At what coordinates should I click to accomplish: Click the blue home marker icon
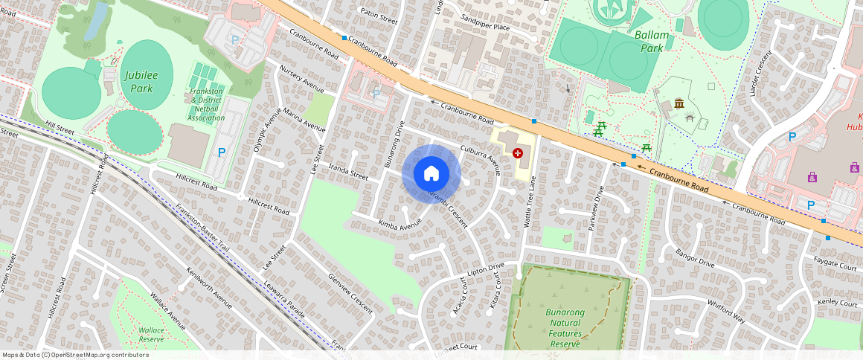[x=431, y=174]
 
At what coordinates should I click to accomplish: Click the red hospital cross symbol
[x=518, y=152]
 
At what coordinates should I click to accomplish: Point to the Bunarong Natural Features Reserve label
[x=565, y=328]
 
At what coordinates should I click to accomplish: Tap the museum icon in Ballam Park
[x=678, y=103]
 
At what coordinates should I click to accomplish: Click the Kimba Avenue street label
[x=400, y=222]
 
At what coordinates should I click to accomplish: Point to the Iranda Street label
[x=348, y=172]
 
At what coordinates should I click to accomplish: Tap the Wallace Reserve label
[x=151, y=334]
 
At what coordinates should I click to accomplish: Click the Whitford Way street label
[x=727, y=310]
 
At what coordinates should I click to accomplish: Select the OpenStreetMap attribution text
[x=75, y=355]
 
